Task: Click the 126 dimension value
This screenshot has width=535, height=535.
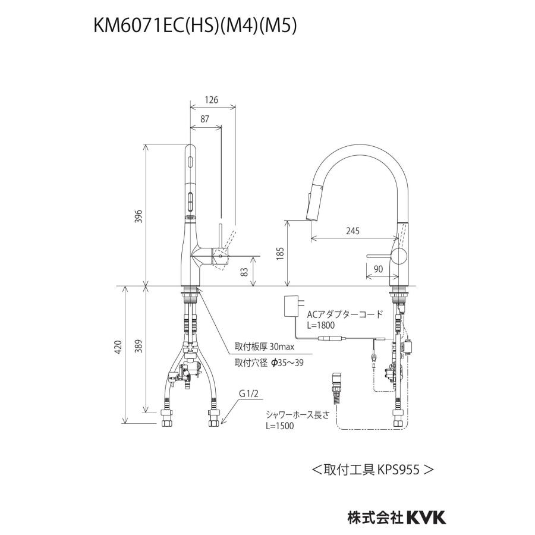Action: (x=211, y=100)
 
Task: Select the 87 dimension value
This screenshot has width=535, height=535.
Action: (x=204, y=119)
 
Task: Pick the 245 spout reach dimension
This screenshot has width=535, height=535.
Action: (x=351, y=231)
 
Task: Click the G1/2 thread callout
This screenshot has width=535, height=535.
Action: (x=250, y=394)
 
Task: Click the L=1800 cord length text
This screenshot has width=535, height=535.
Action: (x=321, y=325)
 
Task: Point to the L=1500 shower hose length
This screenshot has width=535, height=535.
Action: (x=279, y=426)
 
